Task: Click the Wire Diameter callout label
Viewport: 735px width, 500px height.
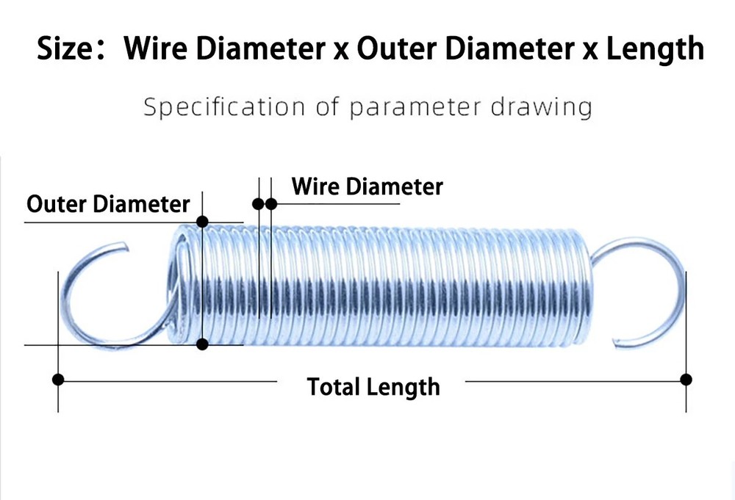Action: tap(367, 186)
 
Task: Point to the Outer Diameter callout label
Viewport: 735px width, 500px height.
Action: tap(108, 203)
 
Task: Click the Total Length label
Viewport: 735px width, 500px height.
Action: tap(373, 386)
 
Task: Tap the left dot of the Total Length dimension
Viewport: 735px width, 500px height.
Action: tap(58, 380)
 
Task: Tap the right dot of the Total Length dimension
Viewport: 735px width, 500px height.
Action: tap(686, 380)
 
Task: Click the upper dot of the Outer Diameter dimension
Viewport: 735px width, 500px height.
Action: tap(202, 221)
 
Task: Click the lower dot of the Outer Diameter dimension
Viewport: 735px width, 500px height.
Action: tap(202, 344)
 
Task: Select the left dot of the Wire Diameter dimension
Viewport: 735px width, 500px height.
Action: tap(259, 203)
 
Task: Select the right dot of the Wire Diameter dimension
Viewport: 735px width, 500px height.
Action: tap(270, 203)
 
